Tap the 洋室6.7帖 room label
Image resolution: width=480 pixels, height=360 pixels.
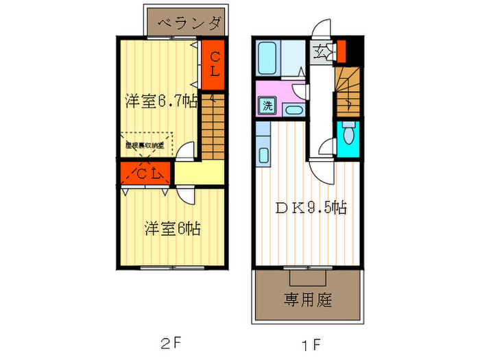161,101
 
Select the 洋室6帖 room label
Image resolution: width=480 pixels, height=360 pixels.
171,228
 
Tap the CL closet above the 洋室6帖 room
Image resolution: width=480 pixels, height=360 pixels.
147,174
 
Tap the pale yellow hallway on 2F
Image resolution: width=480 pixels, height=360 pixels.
200,173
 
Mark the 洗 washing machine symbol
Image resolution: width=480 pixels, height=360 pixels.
266,106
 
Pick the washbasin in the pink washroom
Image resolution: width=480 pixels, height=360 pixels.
292,110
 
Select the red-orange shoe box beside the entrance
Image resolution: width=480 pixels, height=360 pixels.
341,51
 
